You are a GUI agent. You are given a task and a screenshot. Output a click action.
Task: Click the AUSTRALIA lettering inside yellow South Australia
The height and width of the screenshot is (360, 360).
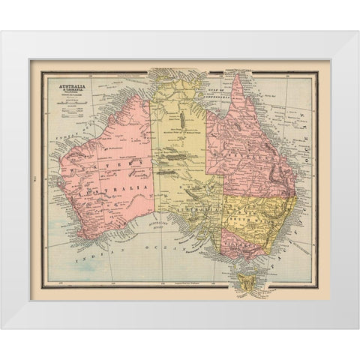pos(199,211)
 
